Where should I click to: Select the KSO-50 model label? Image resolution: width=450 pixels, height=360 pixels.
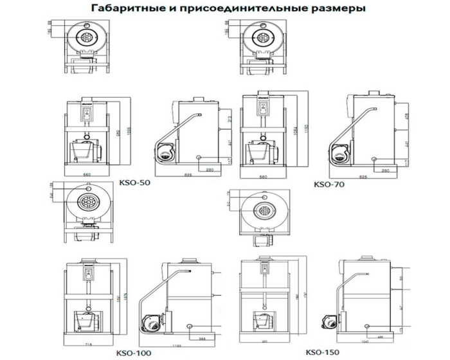[134, 183]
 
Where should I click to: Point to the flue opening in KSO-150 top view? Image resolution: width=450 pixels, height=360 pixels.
[264, 210]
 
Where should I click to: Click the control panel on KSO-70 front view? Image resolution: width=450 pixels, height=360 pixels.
[262, 110]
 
